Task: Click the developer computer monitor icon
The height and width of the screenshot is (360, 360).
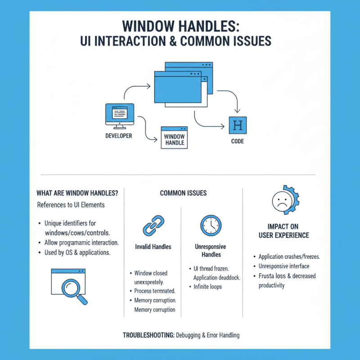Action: point(119,114)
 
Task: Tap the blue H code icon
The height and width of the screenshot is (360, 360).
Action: point(238,125)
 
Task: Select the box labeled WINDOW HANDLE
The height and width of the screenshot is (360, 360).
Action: point(174,138)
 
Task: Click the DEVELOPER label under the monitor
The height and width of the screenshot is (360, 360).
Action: point(118,135)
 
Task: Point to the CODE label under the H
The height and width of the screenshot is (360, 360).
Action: point(237,141)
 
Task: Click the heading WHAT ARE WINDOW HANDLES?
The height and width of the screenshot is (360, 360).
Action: point(77,193)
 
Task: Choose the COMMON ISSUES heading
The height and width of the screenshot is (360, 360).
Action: point(183,193)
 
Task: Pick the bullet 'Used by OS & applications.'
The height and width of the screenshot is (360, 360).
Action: point(77,252)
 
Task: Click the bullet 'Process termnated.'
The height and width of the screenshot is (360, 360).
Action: point(155,291)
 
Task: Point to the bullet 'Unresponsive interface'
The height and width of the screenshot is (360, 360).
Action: point(283,266)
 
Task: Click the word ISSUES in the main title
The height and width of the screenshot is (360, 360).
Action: point(250,41)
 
